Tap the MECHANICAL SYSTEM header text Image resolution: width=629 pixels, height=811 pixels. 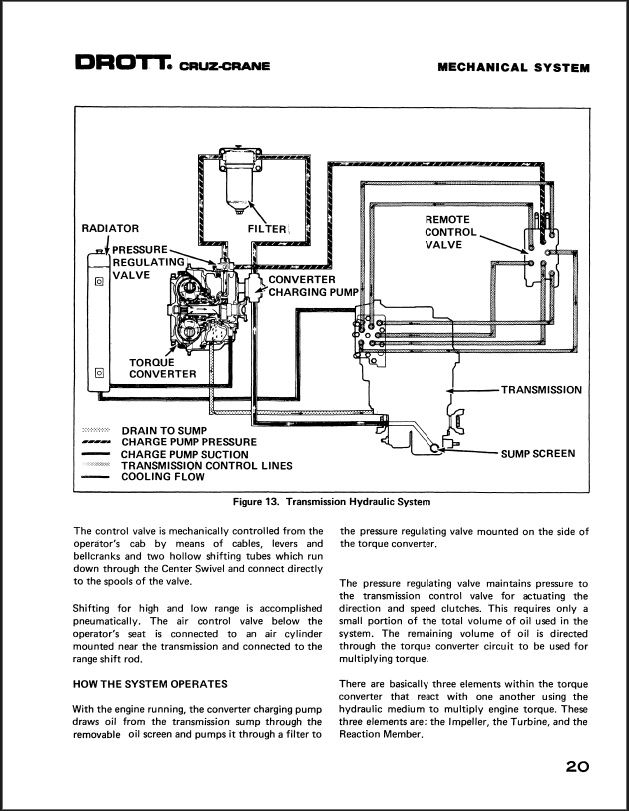tap(513, 68)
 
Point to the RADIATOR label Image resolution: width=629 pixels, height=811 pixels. tap(109, 229)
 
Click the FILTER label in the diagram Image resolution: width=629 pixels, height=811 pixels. tap(267, 229)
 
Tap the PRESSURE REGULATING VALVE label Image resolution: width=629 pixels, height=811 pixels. tap(149, 261)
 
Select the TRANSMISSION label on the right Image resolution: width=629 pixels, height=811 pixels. tap(541, 389)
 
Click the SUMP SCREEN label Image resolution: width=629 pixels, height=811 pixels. tap(538, 453)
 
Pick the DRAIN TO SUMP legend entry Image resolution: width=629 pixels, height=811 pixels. tap(163, 430)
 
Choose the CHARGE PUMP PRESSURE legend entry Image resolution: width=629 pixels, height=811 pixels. tap(189, 442)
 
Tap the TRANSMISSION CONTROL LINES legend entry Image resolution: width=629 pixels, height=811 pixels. tap(207, 465)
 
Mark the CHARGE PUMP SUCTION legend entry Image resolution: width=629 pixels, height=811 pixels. tap(185, 454)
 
